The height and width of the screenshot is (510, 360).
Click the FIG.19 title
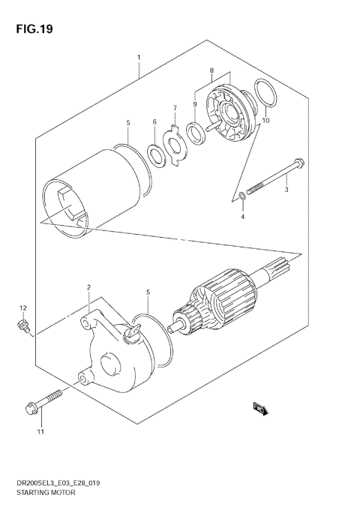pos(31,29)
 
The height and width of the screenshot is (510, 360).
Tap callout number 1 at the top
pos(139,56)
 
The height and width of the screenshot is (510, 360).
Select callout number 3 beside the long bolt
pos(286,190)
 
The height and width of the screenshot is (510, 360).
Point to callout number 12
pos(22,308)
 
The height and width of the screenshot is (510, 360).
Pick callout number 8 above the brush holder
pos(212,71)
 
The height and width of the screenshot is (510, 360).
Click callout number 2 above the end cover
pos(88,287)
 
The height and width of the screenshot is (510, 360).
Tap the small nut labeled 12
pos(23,325)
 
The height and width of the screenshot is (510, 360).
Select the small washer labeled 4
pos(241,197)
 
